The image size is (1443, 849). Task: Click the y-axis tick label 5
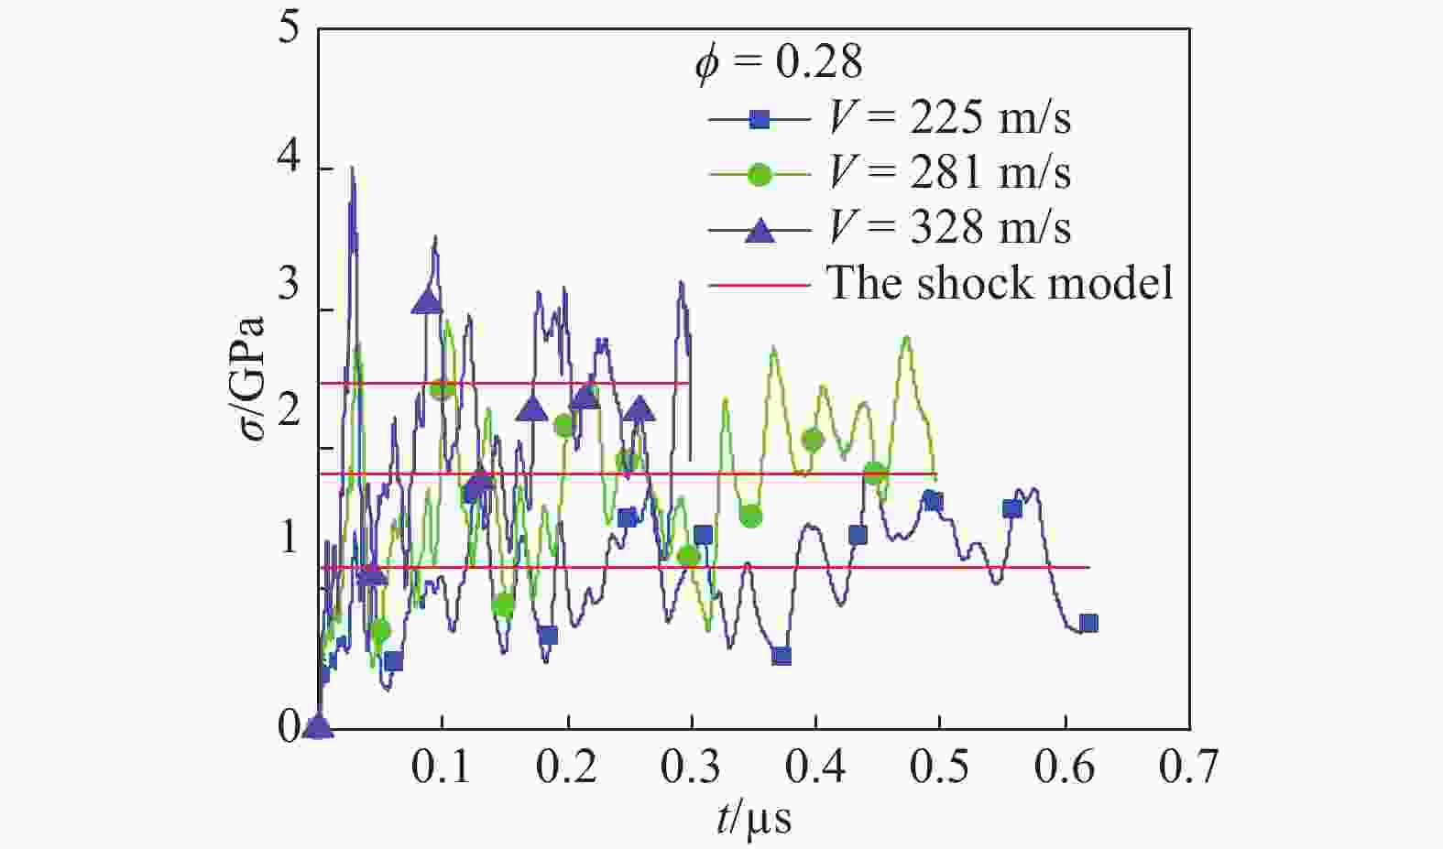pyautogui.click(x=289, y=29)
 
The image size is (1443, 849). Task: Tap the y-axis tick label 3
pyautogui.click(x=289, y=285)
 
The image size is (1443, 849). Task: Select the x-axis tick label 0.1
pyautogui.click(x=442, y=767)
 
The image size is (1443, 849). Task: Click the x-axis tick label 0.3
pyautogui.click(x=691, y=767)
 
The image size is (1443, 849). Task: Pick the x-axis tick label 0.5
pyautogui.click(x=940, y=767)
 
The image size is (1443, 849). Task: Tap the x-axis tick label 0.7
pyautogui.click(x=1189, y=767)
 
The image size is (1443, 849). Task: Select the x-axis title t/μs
pyautogui.click(x=753, y=818)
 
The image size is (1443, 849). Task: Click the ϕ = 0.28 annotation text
pyautogui.click(x=778, y=62)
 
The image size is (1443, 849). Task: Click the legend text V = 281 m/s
pyautogui.click(x=949, y=172)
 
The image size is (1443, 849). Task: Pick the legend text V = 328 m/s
pyautogui.click(x=949, y=227)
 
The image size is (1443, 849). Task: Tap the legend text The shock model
pyautogui.click(x=1000, y=282)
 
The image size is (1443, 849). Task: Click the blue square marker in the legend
pyautogui.click(x=760, y=119)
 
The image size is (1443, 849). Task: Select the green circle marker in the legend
pyautogui.click(x=760, y=174)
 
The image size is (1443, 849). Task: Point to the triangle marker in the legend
pyautogui.click(x=760, y=229)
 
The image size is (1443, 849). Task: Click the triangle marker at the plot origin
pyautogui.click(x=318, y=727)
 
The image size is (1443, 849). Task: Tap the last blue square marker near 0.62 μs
pyautogui.click(x=1088, y=624)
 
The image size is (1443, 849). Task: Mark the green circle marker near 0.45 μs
pyautogui.click(x=875, y=473)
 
